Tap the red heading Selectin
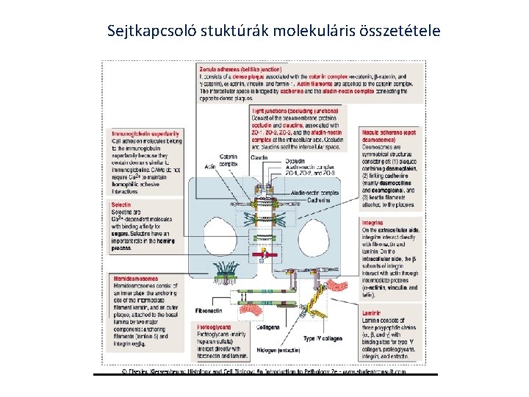[x=123, y=204]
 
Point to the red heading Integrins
[x=373, y=222]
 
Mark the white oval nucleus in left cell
[x=221, y=232]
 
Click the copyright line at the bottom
[x=264, y=372]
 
